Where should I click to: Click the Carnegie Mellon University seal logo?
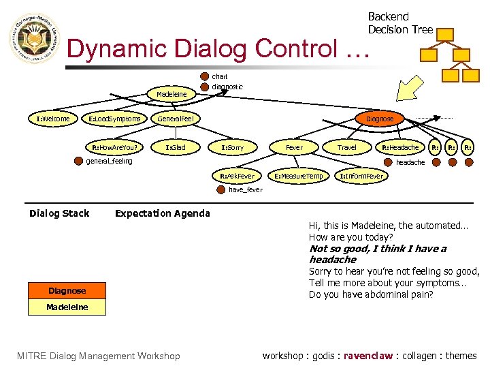34,42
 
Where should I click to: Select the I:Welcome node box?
52,119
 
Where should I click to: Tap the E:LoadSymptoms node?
114,119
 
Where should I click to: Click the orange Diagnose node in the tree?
380,119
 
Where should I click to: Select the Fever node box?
294,147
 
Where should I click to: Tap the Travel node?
346,147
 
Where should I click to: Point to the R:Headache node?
400,147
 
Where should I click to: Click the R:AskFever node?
237,176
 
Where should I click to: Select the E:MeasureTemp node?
298,176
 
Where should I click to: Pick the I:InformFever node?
361,176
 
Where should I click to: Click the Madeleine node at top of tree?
171,94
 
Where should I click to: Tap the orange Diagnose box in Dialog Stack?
67,291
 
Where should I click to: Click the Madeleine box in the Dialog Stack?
67,307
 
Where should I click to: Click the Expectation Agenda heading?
162,213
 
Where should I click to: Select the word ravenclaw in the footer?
368,356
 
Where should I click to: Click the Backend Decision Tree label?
399,23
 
